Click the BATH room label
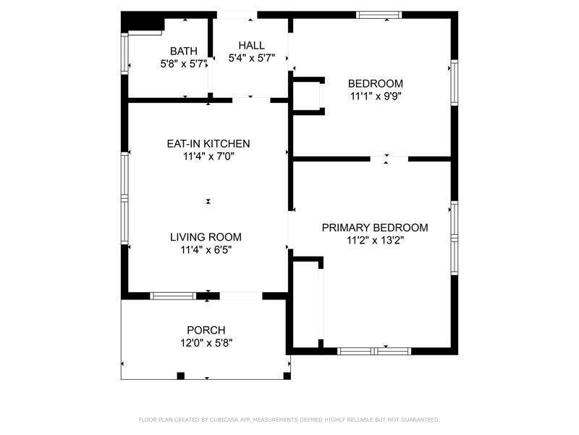(x=184, y=51)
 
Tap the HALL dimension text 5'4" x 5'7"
(x=252, y=58)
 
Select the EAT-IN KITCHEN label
(x=208, y=144)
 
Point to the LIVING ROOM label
(x=206, y=237)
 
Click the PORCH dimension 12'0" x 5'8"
(x=206, y=343)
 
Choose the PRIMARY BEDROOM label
(x=375, y=228)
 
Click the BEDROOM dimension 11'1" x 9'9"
(x=376, y=96)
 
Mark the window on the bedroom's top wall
(x=379, y=14)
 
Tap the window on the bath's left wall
(x=124, y=54)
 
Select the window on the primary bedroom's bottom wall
(x=374, y=351)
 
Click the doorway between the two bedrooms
(x=389, y=159)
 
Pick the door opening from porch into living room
(x=241, y=296)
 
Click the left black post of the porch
(x=180, y=376)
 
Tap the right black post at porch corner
(x=287, y=376)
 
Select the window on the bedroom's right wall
(x=455, y=83)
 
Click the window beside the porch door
(x=173, y=296)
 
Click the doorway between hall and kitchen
(x=251, y=100)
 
